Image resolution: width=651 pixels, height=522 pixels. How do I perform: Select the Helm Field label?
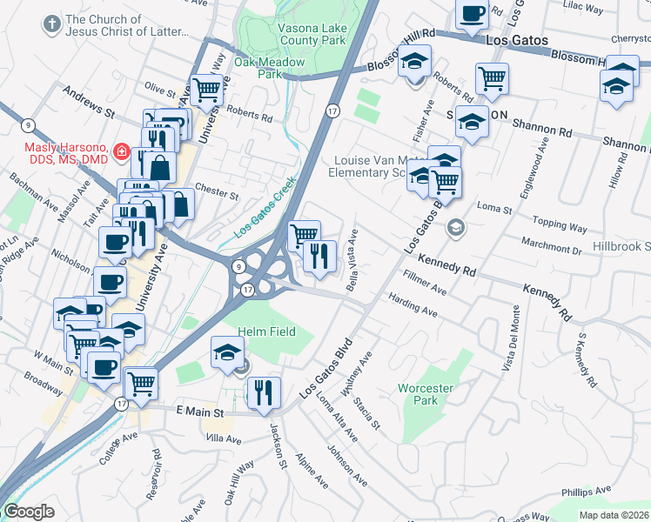tap(266, 331)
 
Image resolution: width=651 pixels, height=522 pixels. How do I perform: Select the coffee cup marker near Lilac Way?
tap(473, 14)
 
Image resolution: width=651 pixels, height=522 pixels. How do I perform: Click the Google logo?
tap(29, 512)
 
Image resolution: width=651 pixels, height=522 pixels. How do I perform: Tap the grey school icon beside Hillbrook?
tap(454, 228)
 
